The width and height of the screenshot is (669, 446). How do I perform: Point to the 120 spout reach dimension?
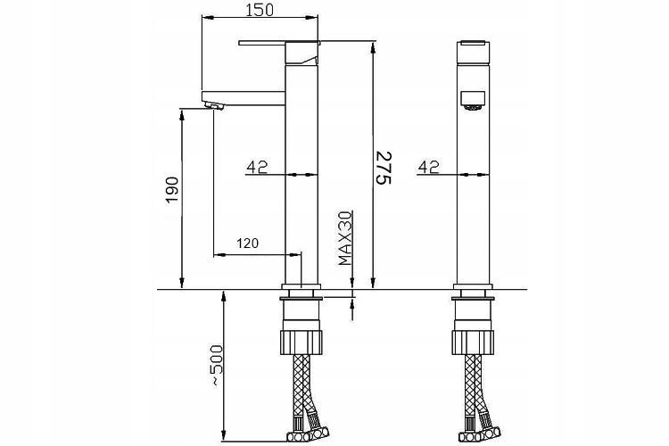248,243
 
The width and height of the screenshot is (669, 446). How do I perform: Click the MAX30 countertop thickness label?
344,238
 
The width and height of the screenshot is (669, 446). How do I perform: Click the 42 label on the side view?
258,165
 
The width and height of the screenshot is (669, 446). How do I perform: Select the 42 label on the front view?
429,165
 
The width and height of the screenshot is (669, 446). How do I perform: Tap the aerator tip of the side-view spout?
214,105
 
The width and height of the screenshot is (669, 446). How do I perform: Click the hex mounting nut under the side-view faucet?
301,341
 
